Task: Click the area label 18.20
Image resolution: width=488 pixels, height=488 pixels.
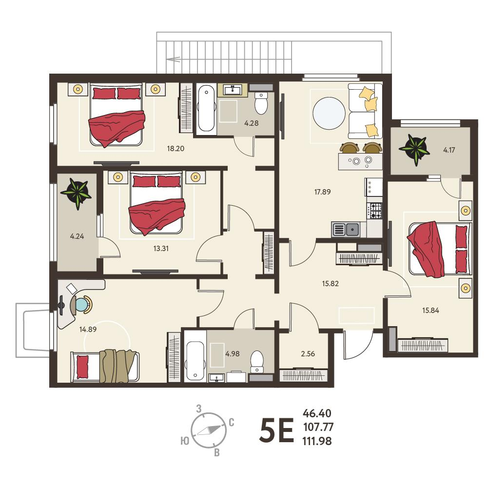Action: click(x=176, y=149)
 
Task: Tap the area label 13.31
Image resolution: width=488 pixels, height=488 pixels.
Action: click(x=161, y=248)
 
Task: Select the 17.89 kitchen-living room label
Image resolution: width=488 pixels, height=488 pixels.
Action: click(x=322, y=192)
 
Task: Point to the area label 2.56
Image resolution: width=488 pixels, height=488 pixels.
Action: click(x=308, y=353)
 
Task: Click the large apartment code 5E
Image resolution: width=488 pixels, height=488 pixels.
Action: click(x=277, y=430)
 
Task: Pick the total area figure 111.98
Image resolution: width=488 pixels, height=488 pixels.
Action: click(x=317, y=441)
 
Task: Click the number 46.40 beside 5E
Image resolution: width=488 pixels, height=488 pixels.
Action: click(x=317, y=413)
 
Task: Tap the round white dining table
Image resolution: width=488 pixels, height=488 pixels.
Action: click(x=329, y=113)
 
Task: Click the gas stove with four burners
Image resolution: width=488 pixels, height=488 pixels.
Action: click(x=374, y=211)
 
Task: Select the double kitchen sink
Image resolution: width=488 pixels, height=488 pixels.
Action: click(x=346, y=230)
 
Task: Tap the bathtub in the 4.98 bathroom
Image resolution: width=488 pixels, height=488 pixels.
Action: click(x=195, y=361)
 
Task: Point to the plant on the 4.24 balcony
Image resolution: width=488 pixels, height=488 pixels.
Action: click(x=77, y=193)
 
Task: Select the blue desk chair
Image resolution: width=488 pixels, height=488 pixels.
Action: click(x=81, y=304)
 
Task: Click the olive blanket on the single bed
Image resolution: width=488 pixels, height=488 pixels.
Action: click(x=118, y=365)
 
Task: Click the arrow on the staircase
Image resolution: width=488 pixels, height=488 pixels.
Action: click(x=174, y=59)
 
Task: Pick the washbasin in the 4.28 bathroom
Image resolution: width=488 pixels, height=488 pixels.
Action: click(x=233, y=90)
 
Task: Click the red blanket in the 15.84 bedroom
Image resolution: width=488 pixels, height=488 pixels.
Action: click(x=427, y=249)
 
